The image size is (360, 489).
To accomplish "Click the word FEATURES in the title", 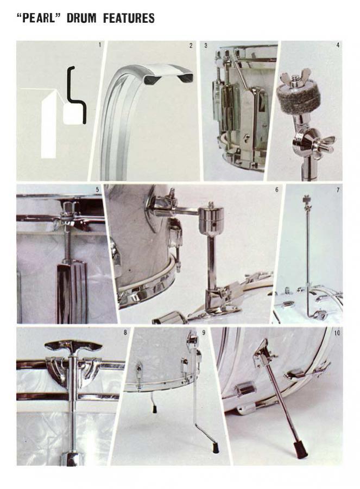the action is coord(129,18).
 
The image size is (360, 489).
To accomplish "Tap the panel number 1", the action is coord(100,45).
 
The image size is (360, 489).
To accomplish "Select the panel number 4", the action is coord(338,45).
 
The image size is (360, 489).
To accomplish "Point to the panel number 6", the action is coord(277,189).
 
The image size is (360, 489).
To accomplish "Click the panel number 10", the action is coord(337,333).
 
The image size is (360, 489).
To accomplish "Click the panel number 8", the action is coord(125,333).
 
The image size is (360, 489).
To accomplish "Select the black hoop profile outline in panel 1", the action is coord(76,97).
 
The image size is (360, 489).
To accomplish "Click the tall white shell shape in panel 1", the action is coord(49,125).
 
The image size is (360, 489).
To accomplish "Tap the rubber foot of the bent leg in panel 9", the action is coord(215,448).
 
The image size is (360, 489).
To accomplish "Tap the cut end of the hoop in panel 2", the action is coord(168,74).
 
